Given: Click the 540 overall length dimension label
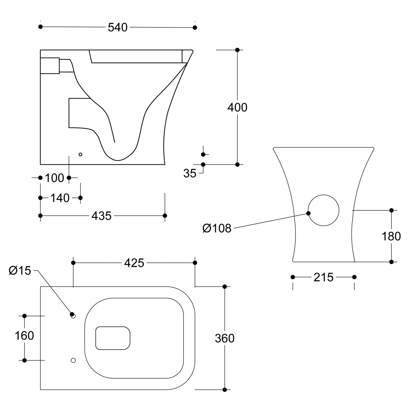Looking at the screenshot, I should coord(117,27).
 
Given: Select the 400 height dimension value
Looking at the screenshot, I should coord(237,107).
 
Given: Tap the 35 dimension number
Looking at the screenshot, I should coord(190,173).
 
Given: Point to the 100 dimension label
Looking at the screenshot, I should coord(54,178).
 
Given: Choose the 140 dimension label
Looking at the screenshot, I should coord(60,198).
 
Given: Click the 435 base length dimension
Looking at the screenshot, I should coord(102,216).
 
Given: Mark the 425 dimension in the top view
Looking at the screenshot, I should coord(134,263).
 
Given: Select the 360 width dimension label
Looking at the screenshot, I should coord(225,338).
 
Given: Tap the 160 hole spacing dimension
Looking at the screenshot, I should coord(24,336).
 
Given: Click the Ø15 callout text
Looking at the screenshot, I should coord(20,270).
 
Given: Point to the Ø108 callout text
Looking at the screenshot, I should coord(217,228).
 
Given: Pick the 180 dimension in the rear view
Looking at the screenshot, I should coord(392,236).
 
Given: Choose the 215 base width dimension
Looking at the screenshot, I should coord(323,277).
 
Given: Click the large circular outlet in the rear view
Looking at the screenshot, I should coord(323,210).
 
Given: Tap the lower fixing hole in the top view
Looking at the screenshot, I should coord(73,360).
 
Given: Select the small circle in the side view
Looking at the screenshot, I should coord(81,154).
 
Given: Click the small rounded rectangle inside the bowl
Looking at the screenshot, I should coord(113,338).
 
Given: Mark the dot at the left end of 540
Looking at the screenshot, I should coord(40,27).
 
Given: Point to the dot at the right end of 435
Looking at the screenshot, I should coord(165,216).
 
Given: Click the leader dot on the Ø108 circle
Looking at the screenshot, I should coord(308,213).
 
